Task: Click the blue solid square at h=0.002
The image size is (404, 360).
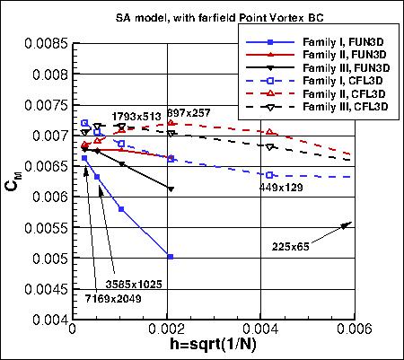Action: click(170, 257)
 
